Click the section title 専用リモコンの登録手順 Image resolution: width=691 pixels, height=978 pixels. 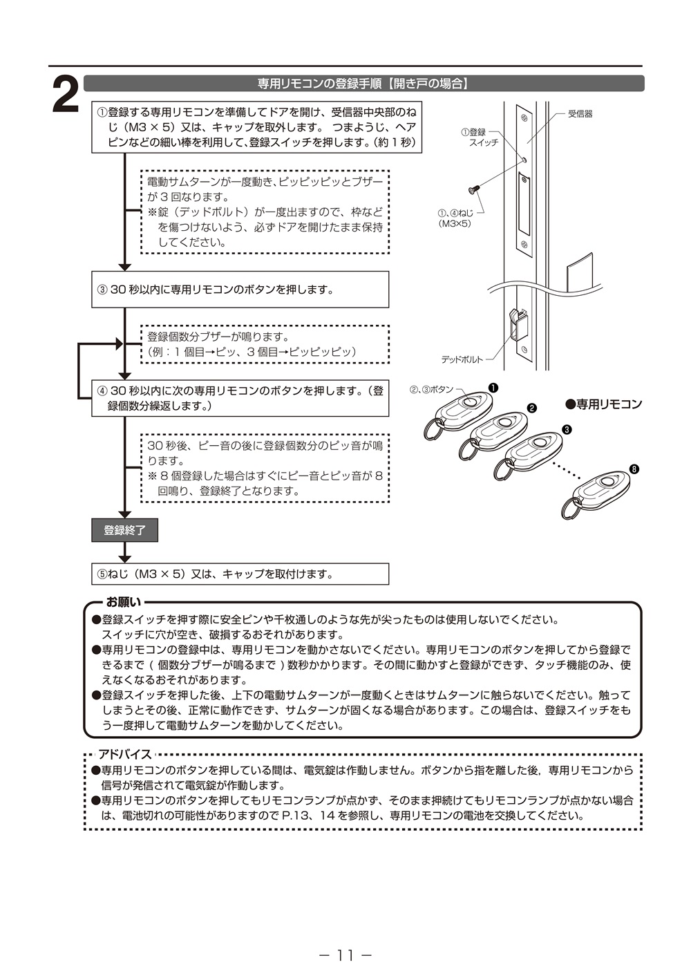pyautogui.click(x=363, y=84)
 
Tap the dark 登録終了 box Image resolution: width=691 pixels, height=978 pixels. pyautogui.click(x=124, y=530)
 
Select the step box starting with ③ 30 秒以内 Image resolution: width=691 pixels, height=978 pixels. pyautogui.click(x=240, y=290)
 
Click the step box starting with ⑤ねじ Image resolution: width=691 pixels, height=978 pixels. pyautogui.click(x=240, y=574)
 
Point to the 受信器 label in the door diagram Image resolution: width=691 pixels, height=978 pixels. pyautogui.click(x=580, y=114)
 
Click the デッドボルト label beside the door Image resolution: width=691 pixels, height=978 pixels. pyautogui.click(x=462, y=359)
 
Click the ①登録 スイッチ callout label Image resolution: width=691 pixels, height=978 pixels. pyautogui.click(x=479, y=137)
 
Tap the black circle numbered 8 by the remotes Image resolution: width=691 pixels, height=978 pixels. pyautogui.click(x=634, y=469)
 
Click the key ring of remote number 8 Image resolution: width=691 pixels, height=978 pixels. pyautogui.click(x=570, y=509)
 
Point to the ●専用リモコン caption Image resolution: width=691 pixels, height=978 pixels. pyautogui.click(x=603, y=404)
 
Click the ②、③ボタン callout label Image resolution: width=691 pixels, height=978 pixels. pyautogui.click(x=432, y=390)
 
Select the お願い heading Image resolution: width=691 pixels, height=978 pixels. pyautogui.click(x=123, y=602)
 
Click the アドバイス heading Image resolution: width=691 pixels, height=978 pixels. pyautogui.click(x=124, y=754)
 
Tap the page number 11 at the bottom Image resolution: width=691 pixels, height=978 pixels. pyautogui.click(x=345, y=955)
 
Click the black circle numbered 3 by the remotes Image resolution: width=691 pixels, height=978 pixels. pyautogui.click(x=567, y=429)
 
